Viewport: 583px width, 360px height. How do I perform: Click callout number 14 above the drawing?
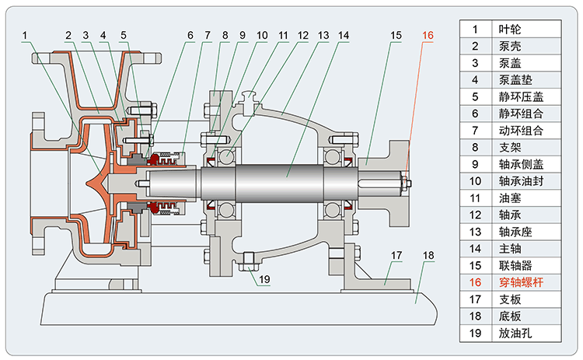tap(343, 34)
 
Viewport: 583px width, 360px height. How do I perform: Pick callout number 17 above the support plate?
tap(396, 254)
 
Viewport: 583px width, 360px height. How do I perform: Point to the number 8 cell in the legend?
tap(474, 147)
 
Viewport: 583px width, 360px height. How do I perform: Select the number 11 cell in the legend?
tap(474, 197)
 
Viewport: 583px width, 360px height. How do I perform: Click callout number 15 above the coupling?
tap(396, 34)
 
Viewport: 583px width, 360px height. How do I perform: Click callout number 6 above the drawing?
tap(188, 34)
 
